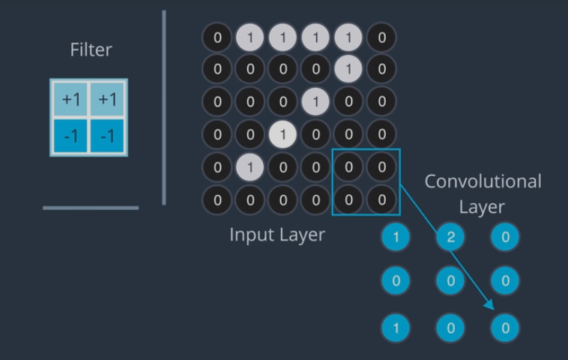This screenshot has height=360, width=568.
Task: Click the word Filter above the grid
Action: pos(91,50)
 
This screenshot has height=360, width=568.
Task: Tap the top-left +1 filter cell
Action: pos(71,99)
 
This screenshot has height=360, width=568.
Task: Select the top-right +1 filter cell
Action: pos(107,99)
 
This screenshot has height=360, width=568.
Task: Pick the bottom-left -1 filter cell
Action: pos(71,136)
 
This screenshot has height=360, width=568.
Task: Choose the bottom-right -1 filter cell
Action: pos(107,136)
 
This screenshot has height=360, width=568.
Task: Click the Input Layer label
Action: pos(277,235)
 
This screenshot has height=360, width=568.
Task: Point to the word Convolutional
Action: pos(483,181)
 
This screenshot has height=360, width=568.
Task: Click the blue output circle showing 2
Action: pos(450,237)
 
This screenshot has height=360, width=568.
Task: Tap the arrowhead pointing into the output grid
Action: pos(491,306)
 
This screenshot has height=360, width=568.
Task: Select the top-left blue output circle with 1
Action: pos(396,237)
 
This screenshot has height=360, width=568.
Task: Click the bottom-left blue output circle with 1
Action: pos(396,328)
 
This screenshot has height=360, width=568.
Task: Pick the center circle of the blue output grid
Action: pos(450,281)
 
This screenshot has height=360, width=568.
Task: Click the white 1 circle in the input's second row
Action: pos(348,70)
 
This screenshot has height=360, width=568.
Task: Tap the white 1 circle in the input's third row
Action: pos(315,102)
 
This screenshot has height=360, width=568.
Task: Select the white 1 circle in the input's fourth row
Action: pos(283,135)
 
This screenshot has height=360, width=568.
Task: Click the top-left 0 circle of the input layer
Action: pos(217,37)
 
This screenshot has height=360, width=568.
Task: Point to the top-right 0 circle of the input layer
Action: pos(381,37)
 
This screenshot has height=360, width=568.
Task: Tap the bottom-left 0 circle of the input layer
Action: pos(217,200)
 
